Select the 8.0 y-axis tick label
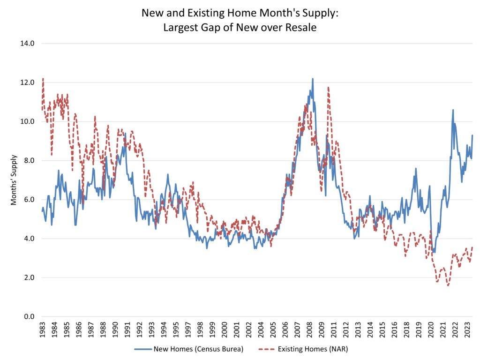point(28,161)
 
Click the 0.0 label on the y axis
point(28,317)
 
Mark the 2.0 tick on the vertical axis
point(28,278)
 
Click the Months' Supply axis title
point(14,180)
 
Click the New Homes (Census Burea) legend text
point(199,349)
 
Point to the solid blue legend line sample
point(142,349)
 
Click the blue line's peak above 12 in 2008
point(313,79)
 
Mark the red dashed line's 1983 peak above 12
point(43,79)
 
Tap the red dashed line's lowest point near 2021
point(448,285)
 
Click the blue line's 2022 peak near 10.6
point(453,110)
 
